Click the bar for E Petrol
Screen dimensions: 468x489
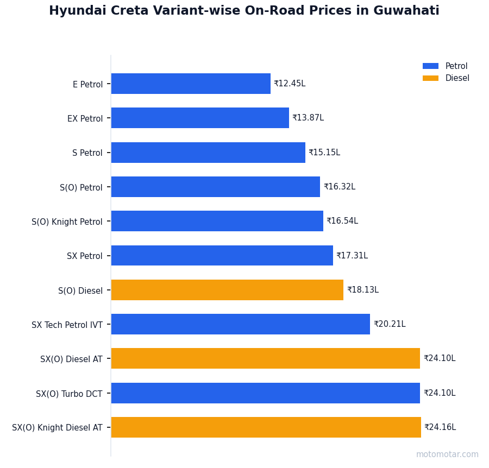191,84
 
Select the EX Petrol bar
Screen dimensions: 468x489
200,118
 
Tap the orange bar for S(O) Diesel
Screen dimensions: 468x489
227,290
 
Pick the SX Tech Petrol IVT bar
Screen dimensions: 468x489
241,324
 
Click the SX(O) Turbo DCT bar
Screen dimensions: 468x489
266,393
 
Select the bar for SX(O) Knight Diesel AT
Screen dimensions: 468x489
266,427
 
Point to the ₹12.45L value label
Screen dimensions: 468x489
290,84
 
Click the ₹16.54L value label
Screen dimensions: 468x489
342,221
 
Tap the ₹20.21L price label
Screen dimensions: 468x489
390,324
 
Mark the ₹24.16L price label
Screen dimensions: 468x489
440,427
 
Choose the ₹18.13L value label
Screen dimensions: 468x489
363,290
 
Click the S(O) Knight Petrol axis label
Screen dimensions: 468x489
67,222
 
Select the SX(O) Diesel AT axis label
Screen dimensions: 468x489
71,359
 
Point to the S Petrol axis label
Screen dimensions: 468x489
87,153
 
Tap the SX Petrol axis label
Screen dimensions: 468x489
85,256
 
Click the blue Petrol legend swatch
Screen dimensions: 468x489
430,66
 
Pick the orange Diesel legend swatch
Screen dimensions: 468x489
430,78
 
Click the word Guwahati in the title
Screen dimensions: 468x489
406,11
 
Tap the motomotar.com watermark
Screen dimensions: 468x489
447,454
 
